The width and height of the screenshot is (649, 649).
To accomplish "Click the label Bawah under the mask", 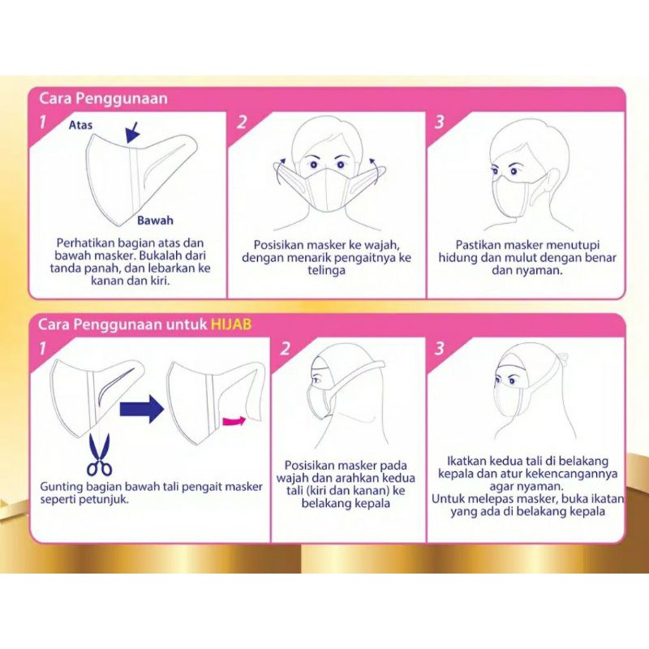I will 155,220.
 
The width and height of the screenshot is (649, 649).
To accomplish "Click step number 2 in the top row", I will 242,122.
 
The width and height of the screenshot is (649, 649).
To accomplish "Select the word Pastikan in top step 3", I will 480,243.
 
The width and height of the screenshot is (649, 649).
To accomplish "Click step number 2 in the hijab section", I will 285,349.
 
